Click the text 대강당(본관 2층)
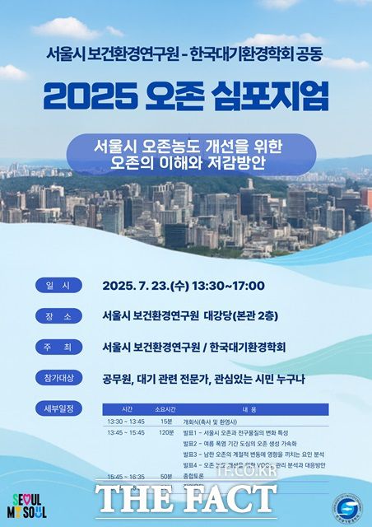(x=250, y=315)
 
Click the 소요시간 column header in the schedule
(x=166, y=408)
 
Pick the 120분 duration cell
(x=166, y=432)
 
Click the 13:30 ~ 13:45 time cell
(x=126, y=422)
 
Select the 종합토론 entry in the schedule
(x=193, y=476)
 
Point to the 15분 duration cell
(x=166, y=422)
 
